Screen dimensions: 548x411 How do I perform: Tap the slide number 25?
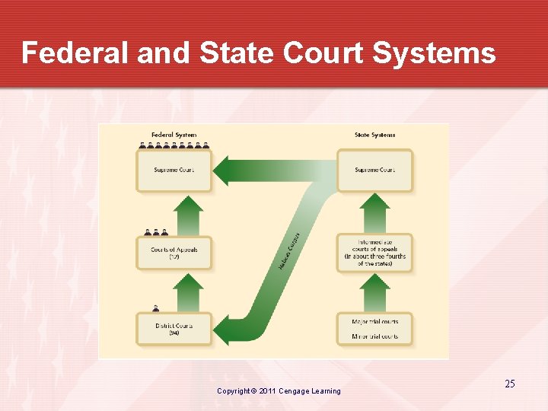(509, 384)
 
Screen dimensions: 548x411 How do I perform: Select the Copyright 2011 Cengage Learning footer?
(279, 391)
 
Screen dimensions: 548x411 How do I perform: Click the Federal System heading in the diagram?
(174, 135)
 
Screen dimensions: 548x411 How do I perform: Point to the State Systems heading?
(374, 135)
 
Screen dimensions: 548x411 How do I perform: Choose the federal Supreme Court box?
(173, 170)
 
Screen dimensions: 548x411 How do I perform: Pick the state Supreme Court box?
(374, 170)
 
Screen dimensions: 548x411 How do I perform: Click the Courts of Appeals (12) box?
(173, 253)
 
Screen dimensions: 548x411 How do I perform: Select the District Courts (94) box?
(173, 330)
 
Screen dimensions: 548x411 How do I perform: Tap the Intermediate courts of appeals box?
(374, 253)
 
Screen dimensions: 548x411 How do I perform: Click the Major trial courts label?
(374, 322)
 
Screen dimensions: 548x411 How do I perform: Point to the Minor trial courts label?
(374, 336)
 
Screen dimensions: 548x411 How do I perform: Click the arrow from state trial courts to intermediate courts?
(374, 292)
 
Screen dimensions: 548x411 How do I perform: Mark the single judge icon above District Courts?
(155, 308)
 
